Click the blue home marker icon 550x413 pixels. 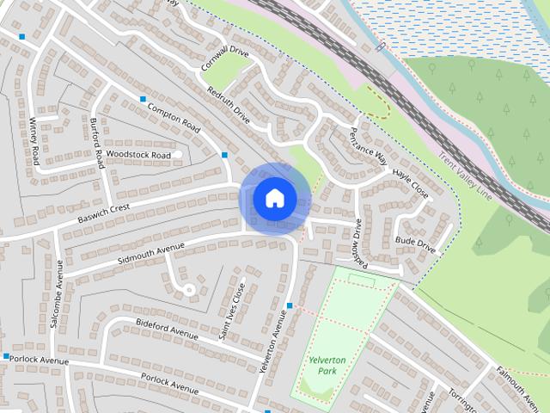pyautogui.click(x=274, y=198)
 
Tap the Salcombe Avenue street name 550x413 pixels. pyautogui.click(x=57, y=305)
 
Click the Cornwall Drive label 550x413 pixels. pyautogui.click(x=224, y=59)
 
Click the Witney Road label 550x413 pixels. pyautogui.click(x=35, y=141)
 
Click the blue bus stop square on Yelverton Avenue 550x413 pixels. pyautogui.click(x=290, y=305)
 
